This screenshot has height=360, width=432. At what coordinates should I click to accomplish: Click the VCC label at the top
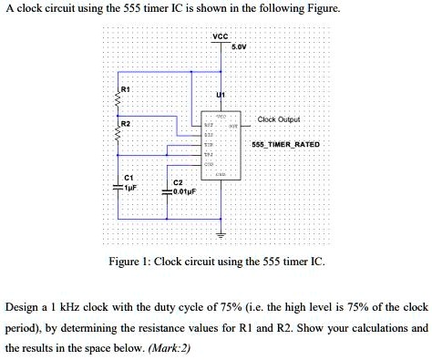[x=220, y=37]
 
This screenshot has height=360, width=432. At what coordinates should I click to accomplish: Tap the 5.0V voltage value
[x=240, y=46]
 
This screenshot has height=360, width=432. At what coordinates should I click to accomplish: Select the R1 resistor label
[x=127, y=90]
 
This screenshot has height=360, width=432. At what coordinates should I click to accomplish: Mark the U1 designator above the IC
[x=220, y=96]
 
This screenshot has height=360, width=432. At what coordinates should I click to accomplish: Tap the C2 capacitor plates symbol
[x=168, y=192]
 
